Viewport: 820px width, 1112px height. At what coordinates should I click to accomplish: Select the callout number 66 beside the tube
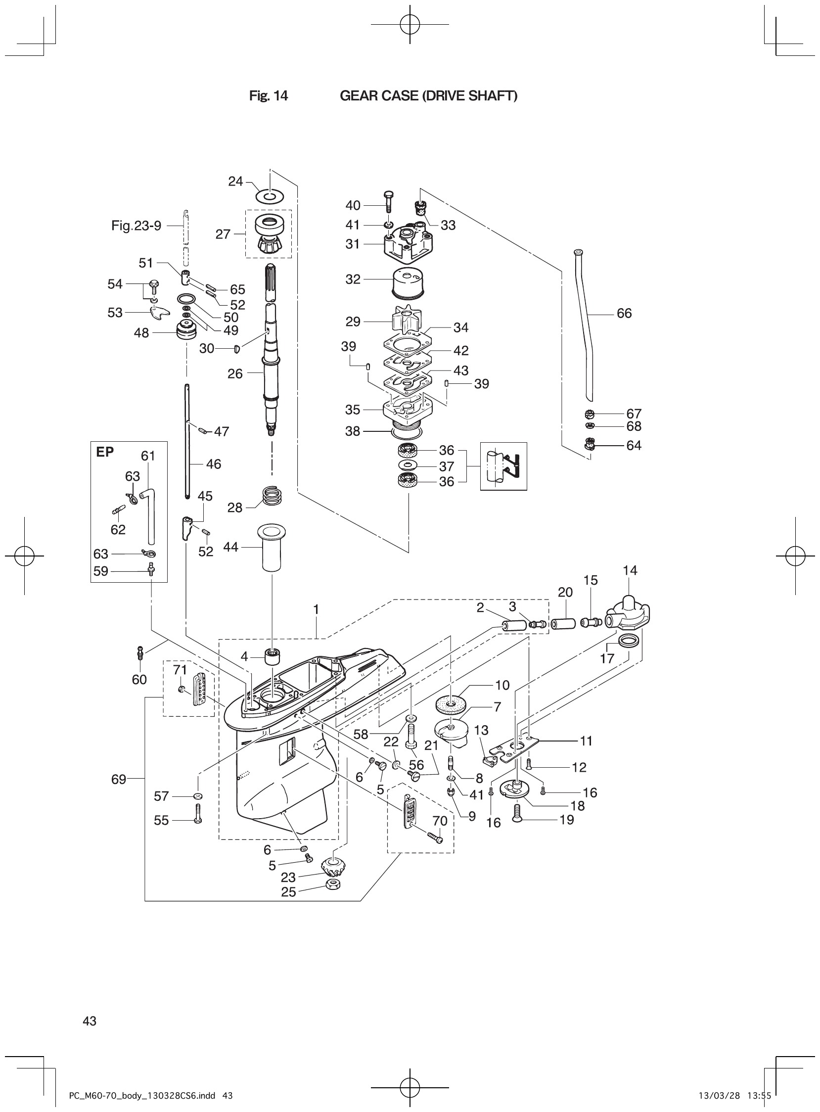coord(624,313)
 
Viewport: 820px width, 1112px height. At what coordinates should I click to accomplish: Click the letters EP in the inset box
coord(105,452)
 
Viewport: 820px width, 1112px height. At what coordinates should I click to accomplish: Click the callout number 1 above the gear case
coord(316,609)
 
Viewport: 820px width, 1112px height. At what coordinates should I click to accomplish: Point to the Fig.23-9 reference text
coord(136,226)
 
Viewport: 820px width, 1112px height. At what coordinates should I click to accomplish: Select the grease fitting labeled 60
coord(140,652)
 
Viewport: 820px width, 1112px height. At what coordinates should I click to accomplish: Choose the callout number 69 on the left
coord(118,780)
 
